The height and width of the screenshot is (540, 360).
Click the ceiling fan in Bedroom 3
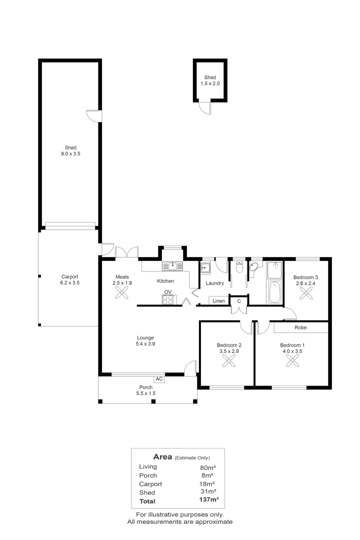(x=305, y=293)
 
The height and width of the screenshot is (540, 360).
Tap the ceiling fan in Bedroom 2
(x=228, y=361)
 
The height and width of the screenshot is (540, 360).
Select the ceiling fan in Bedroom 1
(x=292, y=361)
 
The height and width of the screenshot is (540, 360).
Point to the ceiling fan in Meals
(x=121, y=293)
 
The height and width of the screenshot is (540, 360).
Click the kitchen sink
(x=172, y=266)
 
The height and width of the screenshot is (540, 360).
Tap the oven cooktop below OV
(x=168, y=299)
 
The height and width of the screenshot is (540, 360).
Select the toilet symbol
(x=239, y=267)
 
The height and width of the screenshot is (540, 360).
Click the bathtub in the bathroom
(x=275, y=292)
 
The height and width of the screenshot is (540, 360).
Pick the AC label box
(x=159, y=379)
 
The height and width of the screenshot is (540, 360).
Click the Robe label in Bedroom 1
(x=300, y=327)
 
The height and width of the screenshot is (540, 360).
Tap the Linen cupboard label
(x=218, y=300)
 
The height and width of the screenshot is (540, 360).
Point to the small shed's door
(x=205, y=107)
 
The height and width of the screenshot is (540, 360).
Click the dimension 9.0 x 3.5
(x=70, y=153)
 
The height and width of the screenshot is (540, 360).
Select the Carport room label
(x=69, y=276)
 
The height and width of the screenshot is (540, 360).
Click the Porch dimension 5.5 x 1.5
(x=145, y=393)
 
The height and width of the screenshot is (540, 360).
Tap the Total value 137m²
(x=209, y=499)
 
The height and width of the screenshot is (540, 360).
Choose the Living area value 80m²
(x=207, y=467)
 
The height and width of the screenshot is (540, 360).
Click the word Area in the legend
(x=162, y=456)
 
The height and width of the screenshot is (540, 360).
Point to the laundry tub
(x=205, y=268)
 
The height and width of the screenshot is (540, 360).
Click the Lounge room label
(x=145, y=338)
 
